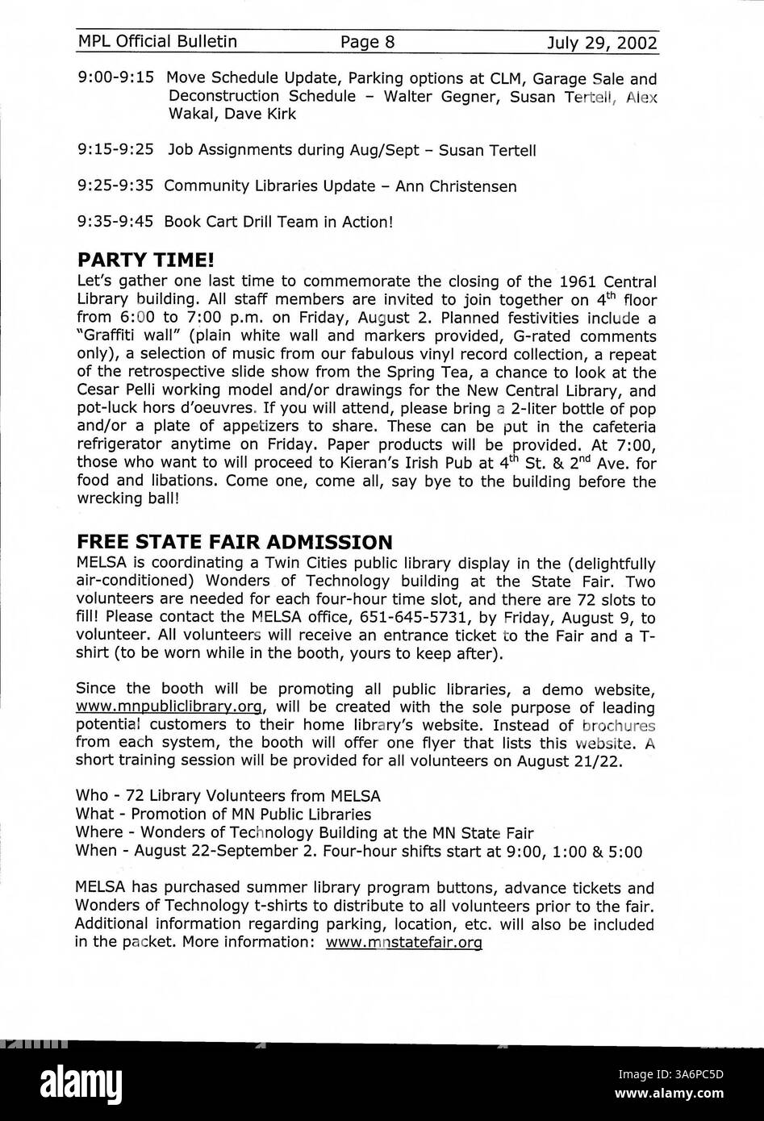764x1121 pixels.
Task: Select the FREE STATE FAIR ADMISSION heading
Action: (x=234, y=541)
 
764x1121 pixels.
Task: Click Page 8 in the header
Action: (x=367, y=42)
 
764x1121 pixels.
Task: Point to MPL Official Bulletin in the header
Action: (x=157, y=42)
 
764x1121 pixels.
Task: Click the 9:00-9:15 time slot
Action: (x=117, y=79)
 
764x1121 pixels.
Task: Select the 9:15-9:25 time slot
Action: (x=117, y=150)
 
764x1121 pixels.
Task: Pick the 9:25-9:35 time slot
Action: (x=117, y=185)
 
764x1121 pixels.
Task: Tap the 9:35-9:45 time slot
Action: (x=117, y=221)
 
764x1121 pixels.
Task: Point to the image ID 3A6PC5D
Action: (x=694, y=1073)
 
